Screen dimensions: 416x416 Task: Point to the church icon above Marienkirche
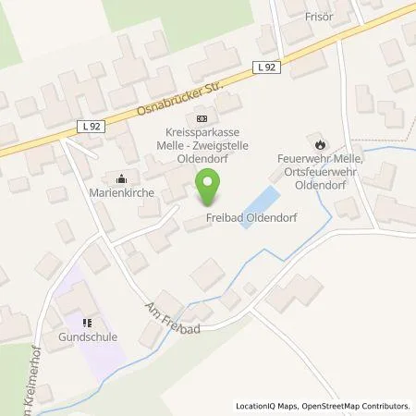click(120, 178)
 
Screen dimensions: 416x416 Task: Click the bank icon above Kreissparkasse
click(202, 118)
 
